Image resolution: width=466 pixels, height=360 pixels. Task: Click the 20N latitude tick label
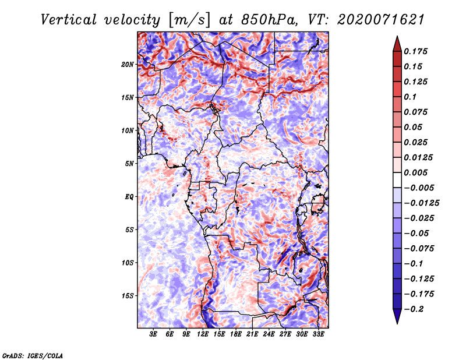point(128,65)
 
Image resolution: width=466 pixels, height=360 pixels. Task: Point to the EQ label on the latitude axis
point(129,197)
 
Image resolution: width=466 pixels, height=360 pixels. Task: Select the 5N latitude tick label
point(129,164)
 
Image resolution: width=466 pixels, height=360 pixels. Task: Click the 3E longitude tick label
point(153,334)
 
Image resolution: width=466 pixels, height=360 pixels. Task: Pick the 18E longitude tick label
point(236,334)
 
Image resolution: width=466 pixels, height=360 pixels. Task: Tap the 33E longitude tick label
point(318,334)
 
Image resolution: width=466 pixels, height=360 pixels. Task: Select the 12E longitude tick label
point(203,334)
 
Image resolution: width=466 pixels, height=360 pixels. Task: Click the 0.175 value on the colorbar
point(416,51)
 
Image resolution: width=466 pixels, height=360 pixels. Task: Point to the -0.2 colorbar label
point(414,309)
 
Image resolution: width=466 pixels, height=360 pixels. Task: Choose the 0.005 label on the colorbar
point(416,172)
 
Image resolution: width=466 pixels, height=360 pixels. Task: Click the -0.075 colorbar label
point(419,249)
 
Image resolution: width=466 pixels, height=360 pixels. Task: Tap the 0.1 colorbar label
point(410,97)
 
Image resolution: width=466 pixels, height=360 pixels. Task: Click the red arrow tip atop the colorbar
point(397,37)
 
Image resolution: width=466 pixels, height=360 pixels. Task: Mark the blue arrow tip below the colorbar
point(397,323)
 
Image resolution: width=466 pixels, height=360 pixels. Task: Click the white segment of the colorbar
point(397,180)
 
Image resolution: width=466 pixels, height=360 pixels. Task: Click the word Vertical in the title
point(68,20)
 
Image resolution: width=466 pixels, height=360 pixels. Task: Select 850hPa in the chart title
point(269,20)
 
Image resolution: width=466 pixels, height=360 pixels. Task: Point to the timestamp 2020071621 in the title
point(381,20)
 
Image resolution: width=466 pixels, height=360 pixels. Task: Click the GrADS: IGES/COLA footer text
point(33,356)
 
